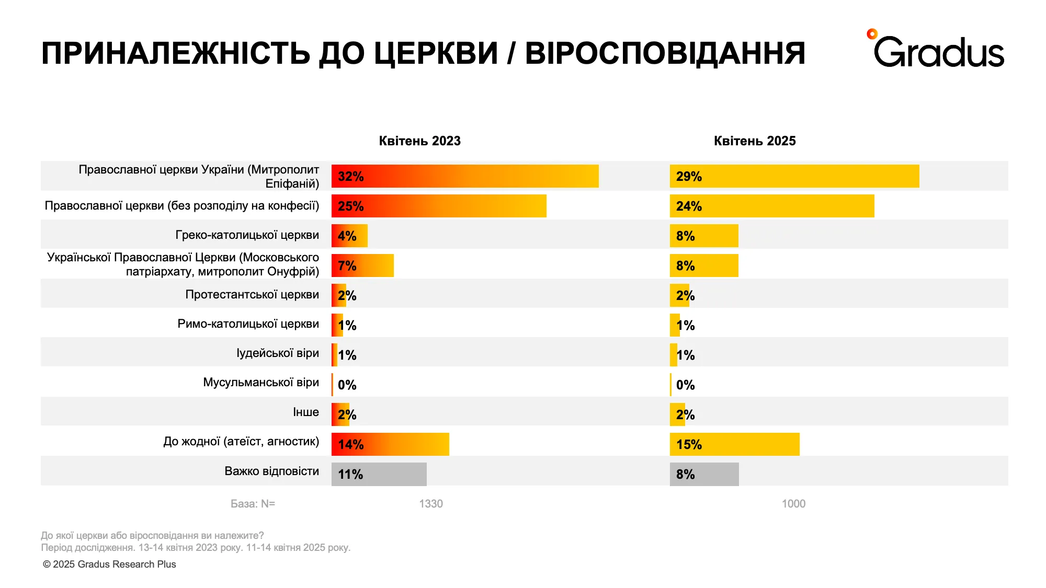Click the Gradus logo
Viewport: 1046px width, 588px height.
coord(936,50)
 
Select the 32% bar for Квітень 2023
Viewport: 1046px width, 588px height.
coord(464,176)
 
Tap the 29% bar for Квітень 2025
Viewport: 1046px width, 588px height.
coord(794,176)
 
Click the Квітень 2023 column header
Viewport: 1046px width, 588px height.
coord(419,141)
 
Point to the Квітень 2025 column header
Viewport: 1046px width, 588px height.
coord(754,141)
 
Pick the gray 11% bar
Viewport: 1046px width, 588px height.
coord(379,474)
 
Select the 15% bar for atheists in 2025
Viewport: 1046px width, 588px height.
coord(734,444)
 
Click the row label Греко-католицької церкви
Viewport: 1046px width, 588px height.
coord(247,235)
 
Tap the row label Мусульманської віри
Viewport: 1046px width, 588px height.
coord(260,383)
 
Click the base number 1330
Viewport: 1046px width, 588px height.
coord(430,504)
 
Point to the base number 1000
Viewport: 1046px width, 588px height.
coord(793,504)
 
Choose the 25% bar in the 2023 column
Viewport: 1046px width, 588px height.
coord(438,206)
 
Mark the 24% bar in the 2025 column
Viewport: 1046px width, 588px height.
coord(771,206)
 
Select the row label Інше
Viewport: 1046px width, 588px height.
coord(305,412)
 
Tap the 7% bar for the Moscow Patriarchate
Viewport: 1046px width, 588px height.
coord(362,266)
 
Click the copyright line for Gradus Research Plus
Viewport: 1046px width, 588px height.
coord(109,564)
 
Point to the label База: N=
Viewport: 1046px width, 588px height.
coord(253,504)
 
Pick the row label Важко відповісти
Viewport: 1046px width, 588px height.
coord(271,471)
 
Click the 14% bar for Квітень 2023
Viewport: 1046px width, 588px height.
coord(390,444)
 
